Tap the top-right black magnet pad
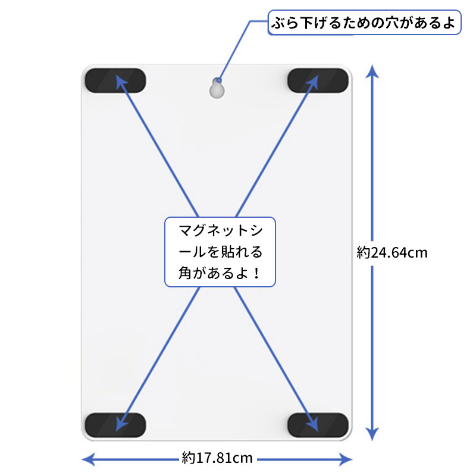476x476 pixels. tap(318, 80)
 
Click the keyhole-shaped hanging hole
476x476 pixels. tap(217, 87)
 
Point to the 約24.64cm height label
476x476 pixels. tap(392, 252)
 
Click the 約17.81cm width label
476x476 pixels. tap(217, 458)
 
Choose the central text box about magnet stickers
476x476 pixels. tap(220, 252)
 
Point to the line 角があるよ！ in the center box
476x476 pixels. tap(215, 273)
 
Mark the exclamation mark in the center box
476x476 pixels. tap(256, 273)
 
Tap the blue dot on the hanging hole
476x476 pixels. tap(219, 80)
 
